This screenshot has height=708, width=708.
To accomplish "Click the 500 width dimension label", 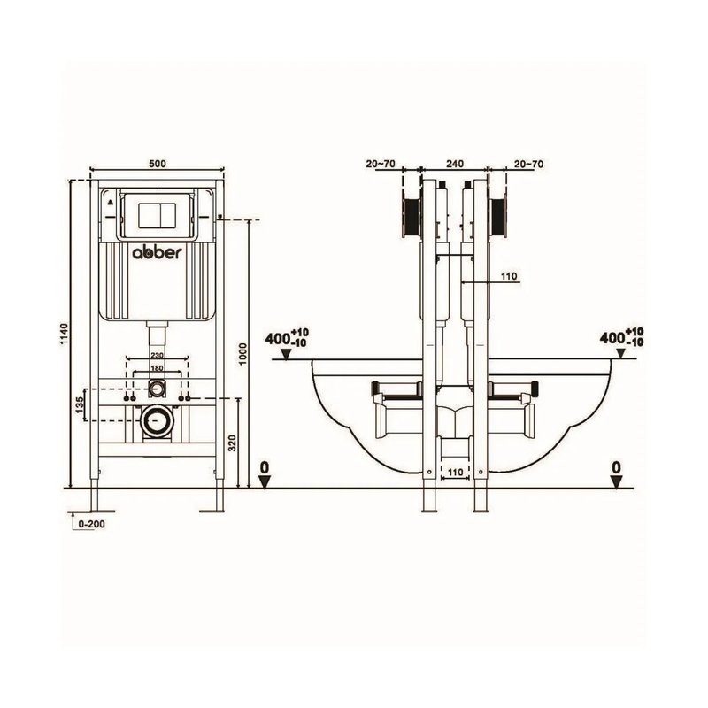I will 158,164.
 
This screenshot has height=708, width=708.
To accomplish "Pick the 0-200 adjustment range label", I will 92,524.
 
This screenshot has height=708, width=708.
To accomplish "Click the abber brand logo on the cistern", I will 158,252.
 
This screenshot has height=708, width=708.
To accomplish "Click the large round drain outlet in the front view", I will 158,423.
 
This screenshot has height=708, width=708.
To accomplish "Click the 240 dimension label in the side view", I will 455,164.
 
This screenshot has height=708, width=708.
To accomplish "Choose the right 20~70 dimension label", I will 528,164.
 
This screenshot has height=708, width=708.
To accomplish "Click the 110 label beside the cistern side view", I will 509,276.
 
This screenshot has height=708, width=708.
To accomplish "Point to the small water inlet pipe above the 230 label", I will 158,335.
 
